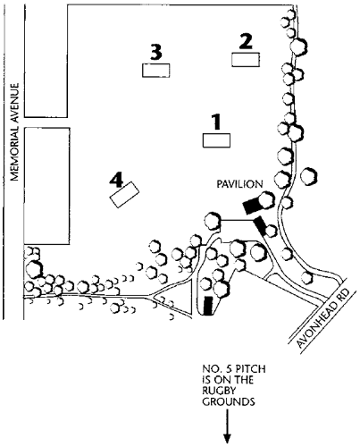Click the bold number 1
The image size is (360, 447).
216,122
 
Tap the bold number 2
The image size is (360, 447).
246,41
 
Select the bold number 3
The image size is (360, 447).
156,52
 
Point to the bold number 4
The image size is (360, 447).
116,181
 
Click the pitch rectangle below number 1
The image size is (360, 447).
216,140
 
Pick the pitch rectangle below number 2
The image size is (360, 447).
246,60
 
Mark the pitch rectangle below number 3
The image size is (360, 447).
156,71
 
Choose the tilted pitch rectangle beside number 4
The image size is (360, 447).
125,194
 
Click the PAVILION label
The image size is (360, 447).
239,184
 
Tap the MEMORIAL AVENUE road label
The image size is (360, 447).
14,131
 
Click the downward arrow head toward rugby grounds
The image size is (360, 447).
228,439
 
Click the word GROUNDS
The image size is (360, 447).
229,401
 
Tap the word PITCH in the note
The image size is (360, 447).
250,369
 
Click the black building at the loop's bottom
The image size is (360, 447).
208,306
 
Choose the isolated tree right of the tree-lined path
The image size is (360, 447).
308,176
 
